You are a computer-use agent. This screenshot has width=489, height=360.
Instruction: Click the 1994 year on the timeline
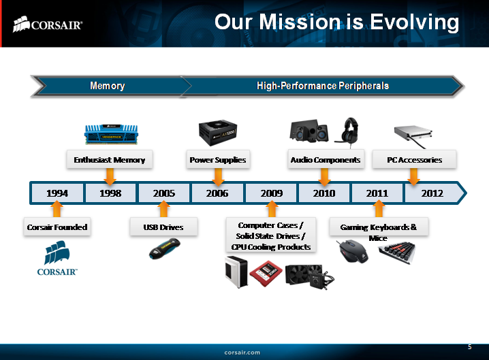57,193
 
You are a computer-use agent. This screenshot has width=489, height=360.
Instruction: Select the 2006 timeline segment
217,193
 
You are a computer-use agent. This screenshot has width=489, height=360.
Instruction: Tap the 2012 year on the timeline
432,193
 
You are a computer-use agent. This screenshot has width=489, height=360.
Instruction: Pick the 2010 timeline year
324,193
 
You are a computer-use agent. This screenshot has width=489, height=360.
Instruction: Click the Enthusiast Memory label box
110,160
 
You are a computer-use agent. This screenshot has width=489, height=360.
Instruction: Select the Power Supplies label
217,160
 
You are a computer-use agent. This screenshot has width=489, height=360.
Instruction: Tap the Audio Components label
325,160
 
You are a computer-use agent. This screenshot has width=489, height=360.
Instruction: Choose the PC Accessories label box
414,160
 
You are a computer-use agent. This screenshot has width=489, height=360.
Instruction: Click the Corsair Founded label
57,227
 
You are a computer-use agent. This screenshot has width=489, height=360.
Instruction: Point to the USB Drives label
164,227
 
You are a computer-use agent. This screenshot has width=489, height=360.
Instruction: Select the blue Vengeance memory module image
110,133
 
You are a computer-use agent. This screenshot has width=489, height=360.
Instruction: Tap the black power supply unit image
218,133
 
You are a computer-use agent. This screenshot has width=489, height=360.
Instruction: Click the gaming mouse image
354,253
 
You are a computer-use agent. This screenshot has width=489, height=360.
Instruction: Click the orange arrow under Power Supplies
218,176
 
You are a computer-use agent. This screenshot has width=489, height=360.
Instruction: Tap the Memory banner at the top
108,86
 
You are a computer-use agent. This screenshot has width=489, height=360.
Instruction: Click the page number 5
469,347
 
